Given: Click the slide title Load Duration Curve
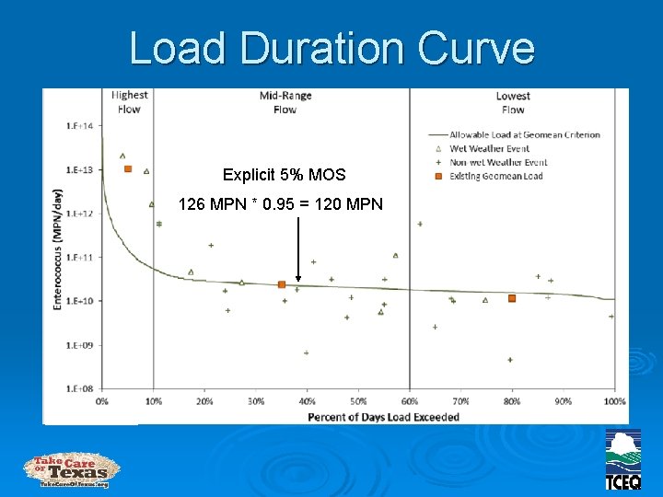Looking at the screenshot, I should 331,48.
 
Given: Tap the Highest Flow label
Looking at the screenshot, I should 130,102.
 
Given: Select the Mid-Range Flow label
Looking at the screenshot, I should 285,102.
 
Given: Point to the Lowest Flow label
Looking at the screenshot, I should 513,102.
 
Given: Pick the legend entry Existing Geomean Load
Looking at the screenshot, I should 495,176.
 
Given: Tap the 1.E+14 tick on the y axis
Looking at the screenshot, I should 78,125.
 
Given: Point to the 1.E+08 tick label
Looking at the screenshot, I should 78,389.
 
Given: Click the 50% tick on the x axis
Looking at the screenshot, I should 357,401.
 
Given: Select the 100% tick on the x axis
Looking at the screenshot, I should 613,401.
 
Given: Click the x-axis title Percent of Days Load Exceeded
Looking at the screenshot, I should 383,417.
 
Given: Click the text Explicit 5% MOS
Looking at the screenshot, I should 284,175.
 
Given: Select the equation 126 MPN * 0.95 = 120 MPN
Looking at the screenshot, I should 280,203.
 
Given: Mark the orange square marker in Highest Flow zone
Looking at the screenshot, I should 128,168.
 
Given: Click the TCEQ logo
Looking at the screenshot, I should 622,459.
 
